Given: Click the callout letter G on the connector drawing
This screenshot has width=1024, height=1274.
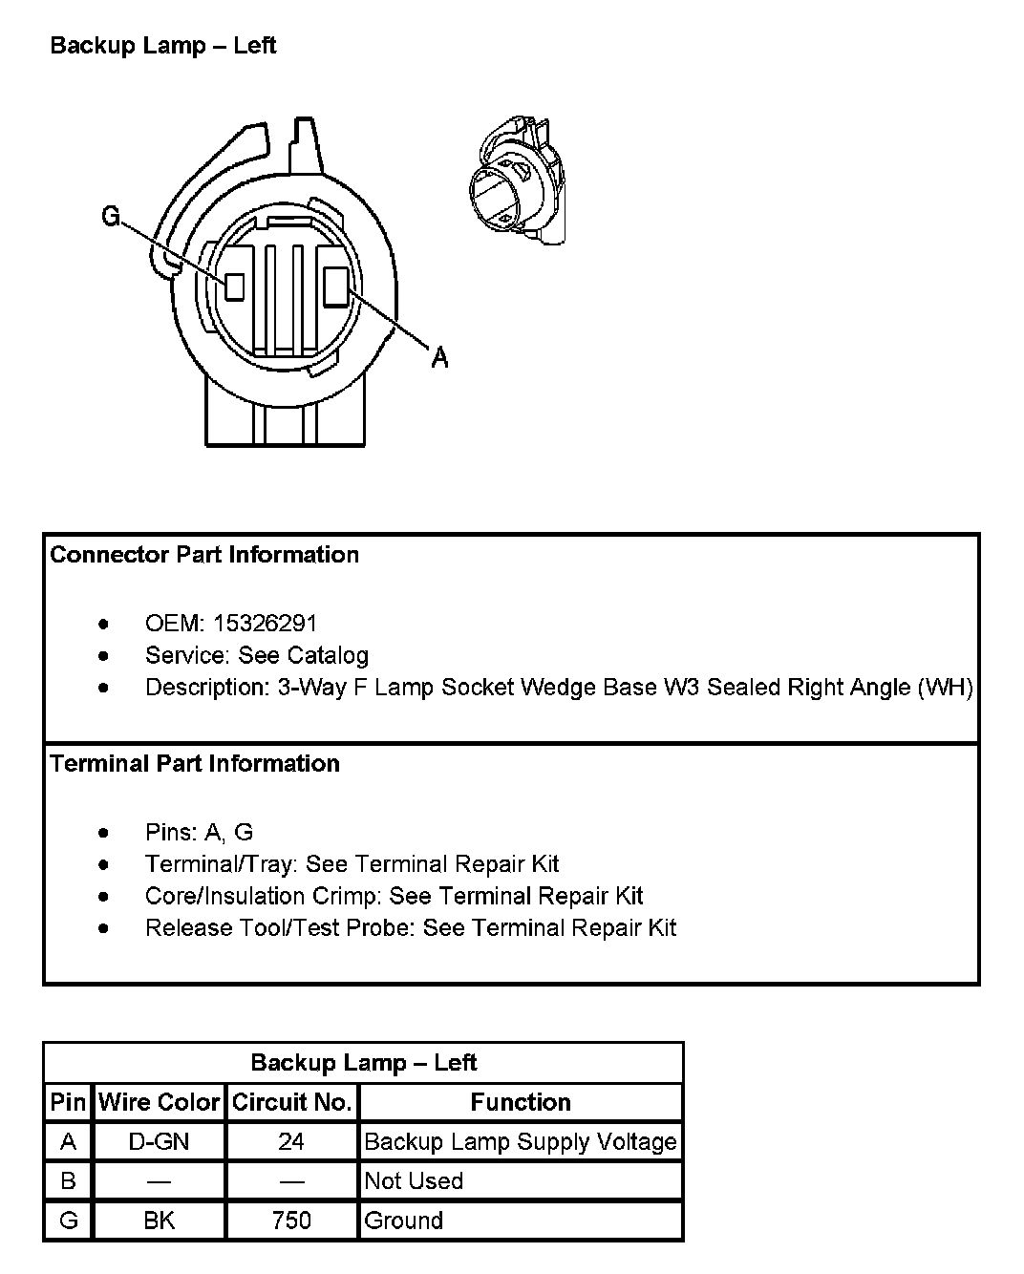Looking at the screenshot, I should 111,217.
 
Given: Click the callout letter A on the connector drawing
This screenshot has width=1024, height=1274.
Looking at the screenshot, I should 439,357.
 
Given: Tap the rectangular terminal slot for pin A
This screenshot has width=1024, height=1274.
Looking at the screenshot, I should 336,287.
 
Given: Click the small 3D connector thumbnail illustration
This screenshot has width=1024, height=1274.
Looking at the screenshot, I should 516,180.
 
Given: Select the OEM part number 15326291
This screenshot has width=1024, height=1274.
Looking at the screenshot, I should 265,624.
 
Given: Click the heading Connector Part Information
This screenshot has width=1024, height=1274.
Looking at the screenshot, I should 204,555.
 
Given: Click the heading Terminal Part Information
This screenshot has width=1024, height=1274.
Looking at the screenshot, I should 195,764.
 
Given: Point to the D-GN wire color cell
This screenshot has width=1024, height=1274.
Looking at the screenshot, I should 159,1141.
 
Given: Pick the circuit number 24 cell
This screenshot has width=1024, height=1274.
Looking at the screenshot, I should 291,1141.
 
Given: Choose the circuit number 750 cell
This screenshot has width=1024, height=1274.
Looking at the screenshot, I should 291,1221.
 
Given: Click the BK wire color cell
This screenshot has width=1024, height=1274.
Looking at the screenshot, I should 159,1221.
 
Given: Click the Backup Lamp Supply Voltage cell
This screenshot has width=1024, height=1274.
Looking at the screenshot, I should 521,1141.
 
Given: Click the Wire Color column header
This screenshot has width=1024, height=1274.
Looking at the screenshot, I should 159,1102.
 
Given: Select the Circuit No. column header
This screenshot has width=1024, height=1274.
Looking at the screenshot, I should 291,1102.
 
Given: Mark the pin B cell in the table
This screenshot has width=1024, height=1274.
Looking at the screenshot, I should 68,1181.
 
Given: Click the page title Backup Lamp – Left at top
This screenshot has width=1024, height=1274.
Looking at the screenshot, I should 163,46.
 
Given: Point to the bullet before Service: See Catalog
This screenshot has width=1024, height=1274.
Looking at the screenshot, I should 104,656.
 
